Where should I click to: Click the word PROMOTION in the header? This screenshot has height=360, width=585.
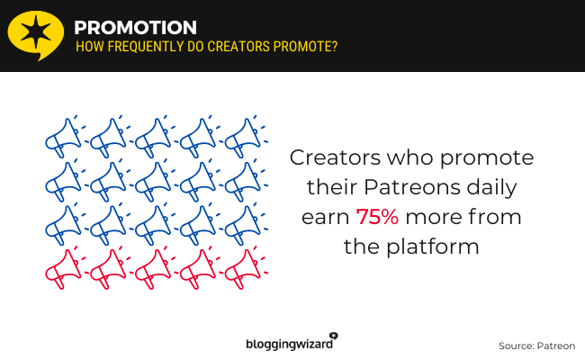pos(136,27)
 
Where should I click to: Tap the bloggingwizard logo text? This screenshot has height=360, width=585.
pos(290,342)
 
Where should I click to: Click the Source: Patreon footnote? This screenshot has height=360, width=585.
pos(536,346)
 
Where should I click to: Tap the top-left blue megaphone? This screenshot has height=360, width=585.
pos(64,134)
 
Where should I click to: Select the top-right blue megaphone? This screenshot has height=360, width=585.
pos(244,134)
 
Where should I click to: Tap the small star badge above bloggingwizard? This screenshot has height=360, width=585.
pos(334,334)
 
